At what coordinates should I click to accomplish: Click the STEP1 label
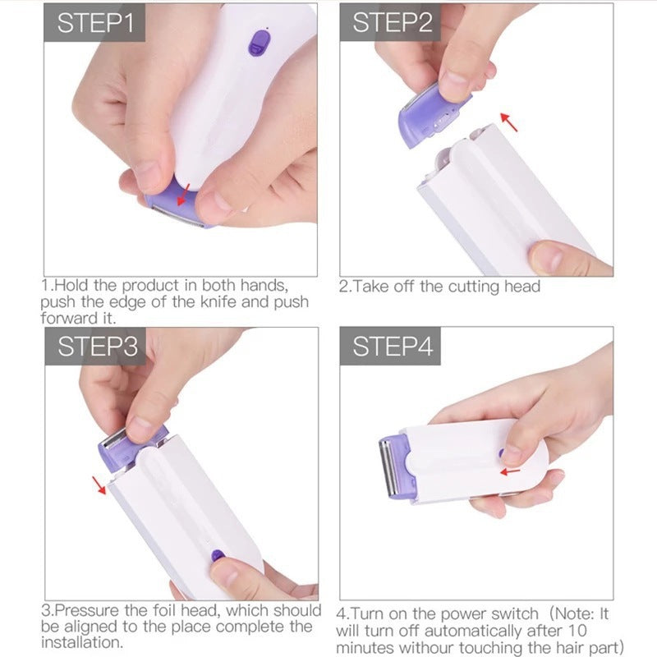[x=94, y=22]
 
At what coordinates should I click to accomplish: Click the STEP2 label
[x=392, y=22]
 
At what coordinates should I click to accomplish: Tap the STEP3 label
[x=97, y=347]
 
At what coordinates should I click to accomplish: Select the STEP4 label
[x=392, y=347]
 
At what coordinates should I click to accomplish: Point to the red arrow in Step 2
[x=510, y=122]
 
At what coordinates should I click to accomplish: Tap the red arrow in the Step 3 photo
[x=100, y=485]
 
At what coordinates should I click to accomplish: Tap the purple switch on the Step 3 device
[x=218, y=556]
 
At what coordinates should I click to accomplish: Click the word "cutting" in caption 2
[x=473, y=287]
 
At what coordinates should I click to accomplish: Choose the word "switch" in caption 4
[x=510, y=613]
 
